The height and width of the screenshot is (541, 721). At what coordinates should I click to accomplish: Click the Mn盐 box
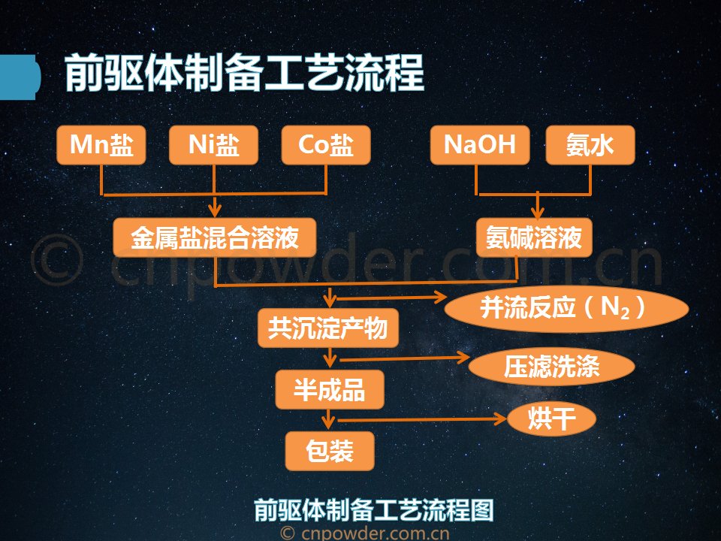click(101, 145)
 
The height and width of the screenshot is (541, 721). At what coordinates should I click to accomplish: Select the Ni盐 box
click(213, 145)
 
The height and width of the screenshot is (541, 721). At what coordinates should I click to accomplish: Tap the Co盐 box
click(326, 145)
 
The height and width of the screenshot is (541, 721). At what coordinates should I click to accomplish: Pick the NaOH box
click(480, 145)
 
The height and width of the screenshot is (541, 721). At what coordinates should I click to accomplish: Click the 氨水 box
click(590, 145)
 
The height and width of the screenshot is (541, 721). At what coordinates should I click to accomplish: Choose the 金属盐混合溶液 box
click(215, 237)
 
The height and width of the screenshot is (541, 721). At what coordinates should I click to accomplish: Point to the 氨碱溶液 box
click(534, 237)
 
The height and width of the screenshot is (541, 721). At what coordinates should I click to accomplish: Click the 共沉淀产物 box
click(328, 328)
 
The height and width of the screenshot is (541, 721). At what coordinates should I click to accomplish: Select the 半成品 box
click(330, 390)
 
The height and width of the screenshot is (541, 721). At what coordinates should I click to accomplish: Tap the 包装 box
click(330, 451)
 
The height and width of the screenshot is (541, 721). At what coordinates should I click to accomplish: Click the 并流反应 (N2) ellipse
click(566, 308)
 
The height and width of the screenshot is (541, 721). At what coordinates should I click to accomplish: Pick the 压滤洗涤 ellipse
click(552, 367)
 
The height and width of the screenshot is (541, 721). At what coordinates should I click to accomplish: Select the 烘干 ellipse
click(552, 419)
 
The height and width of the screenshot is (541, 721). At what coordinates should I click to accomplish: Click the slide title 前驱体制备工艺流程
click(244, 73)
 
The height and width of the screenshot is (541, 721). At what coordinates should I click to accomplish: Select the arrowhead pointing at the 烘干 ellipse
click(500, 419)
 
